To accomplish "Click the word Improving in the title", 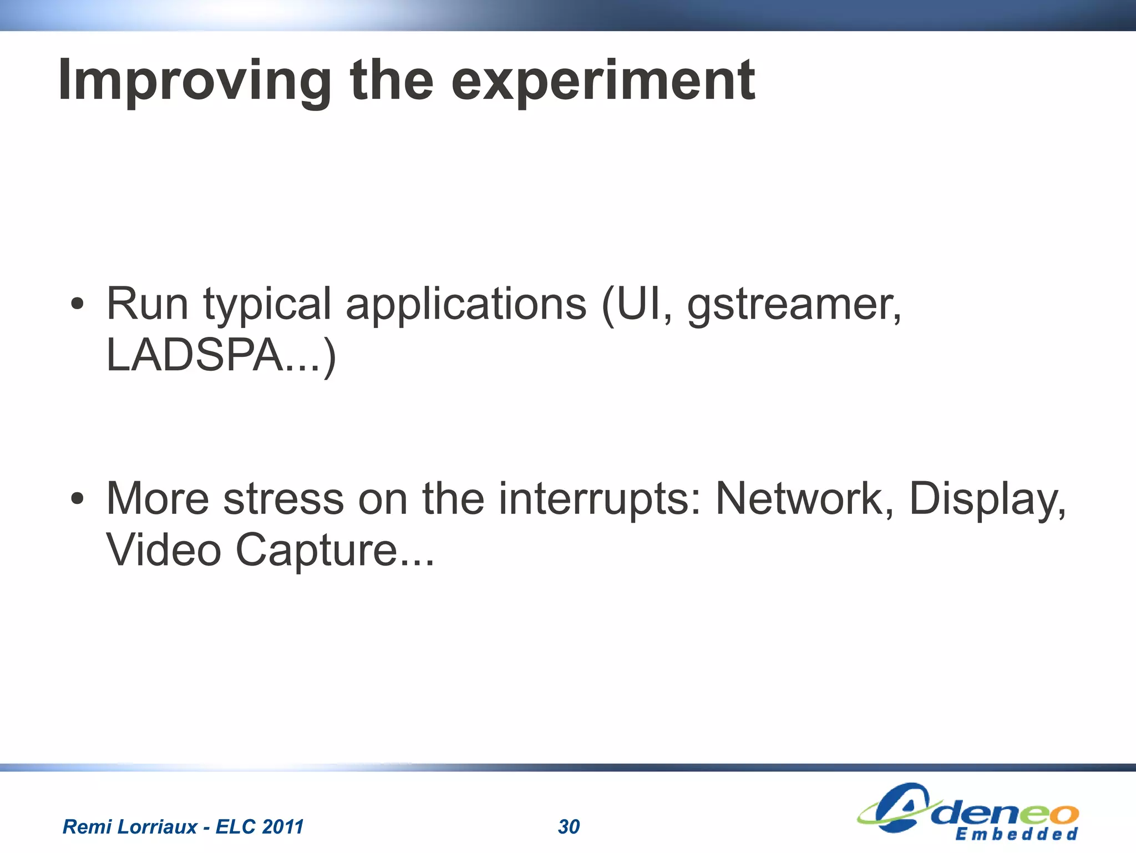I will tap(195, 82).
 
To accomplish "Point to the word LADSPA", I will tap(195, 355).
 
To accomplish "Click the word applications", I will tap(466, 305).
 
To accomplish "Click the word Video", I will tap(164, 549).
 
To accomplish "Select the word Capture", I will tap(317, 551).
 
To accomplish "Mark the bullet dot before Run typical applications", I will tap(78, 305).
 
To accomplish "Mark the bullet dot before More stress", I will tap(78, 499).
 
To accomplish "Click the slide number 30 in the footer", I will tap(569, 827).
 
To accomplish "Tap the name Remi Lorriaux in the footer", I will tap(130, 827).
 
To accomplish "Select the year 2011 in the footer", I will tap(282, 827).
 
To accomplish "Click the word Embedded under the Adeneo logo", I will tap(1016, 834).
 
